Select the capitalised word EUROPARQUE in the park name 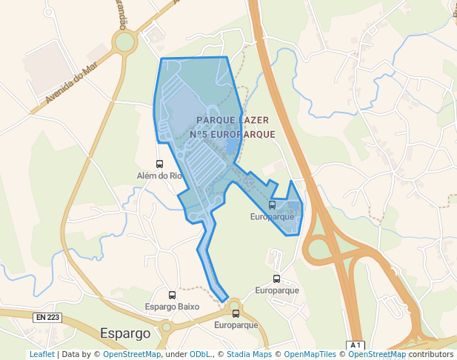point(242,135)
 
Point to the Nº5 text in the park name point(199,135)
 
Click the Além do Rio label point(159,176)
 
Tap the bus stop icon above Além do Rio point(159,164)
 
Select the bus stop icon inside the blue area point(272,205)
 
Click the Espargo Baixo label point(172,307)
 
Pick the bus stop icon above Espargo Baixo point(173,296)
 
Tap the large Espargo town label point(125,333)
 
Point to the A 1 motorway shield point(356,345)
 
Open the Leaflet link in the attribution point(41,355)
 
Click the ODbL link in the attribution point(200,355)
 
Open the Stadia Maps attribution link point(249,355)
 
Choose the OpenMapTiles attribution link point(310,355)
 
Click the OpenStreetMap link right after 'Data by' point(131,355)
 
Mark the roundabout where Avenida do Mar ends point(124,41)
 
